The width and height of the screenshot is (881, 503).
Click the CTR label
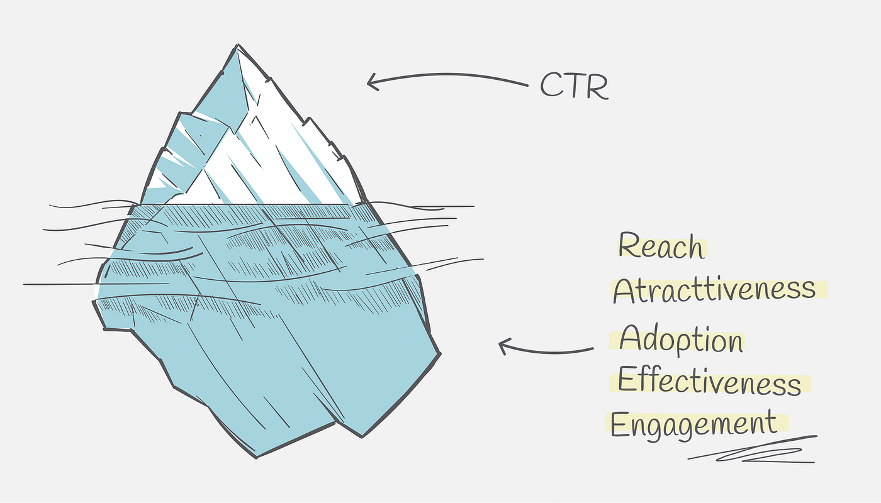[574, 85]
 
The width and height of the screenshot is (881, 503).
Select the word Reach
[661, 246]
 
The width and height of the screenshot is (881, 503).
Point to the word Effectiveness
[709, 381]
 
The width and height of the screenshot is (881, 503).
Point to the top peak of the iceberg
[238, 45]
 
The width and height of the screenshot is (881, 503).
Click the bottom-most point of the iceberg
[257, 458]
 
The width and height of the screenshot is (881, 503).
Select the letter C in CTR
[551, 85]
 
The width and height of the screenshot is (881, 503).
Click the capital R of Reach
[629, 245]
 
